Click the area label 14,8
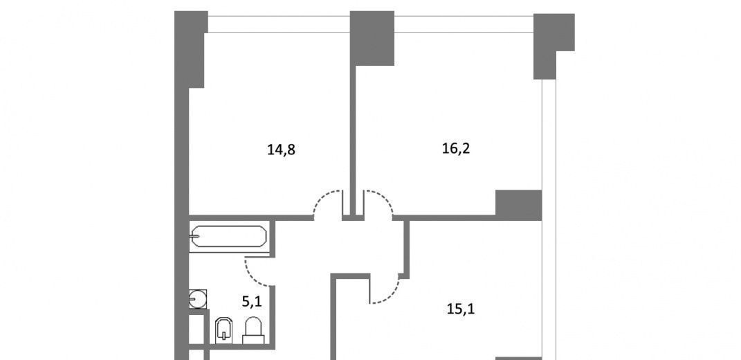pyautogui.click(x=281, y=150)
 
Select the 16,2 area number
pyautogui.click(x=456, y=149)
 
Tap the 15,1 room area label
pyautogui.click(x=461, y=309)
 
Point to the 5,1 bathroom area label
pyautogui.click(x=251, y=302)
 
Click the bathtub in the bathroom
pyautogui.click(x=228, y=236)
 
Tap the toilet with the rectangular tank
pyautogui.click(x=253, y=330)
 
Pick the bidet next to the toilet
pyautogui.click(x=223, y=330)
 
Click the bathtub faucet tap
pyautogui.click(x=193, y=236)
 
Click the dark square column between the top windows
pyautogui.click(x=372, y=38)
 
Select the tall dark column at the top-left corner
pyautogui.click(x=190, y=49)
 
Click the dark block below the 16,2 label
pyautogui.click(x=518, y=204)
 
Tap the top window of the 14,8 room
pyautogui.click(x=280, y=24)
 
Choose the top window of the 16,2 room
pyautogui.click(x=464, y=24)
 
